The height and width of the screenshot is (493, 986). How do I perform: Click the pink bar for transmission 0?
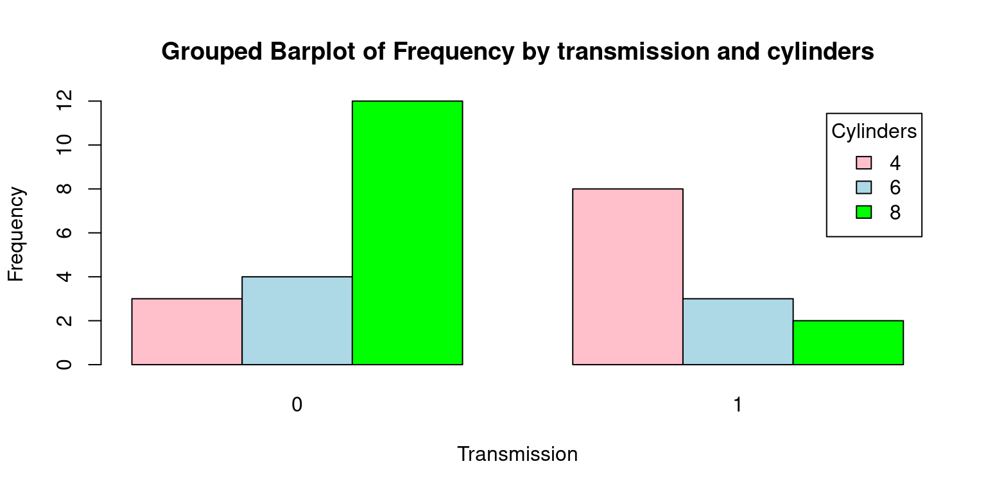click(187, 331)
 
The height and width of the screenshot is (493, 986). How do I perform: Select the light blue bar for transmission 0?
click(297, 320)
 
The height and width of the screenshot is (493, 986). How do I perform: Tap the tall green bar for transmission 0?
click(408, 233)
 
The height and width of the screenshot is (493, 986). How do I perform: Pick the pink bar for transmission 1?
click(628, 277)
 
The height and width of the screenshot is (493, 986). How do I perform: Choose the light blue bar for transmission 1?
click(738, 331)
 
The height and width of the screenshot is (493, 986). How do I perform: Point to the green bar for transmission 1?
click(848, 342)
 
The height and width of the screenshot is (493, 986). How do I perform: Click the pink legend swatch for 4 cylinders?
click(863, 162)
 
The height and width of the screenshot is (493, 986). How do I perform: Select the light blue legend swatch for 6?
click(863, 187)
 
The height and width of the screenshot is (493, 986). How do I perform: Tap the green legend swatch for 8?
click(863, 212)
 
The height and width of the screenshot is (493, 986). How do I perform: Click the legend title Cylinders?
click(874, 131)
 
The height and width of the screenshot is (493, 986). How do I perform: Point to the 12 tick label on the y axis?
click(64, 101)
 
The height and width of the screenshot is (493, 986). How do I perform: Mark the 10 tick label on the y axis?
click(64, 145)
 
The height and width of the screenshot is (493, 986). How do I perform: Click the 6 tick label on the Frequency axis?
click(64, 232)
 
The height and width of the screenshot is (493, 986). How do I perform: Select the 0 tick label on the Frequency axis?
click(64, 365)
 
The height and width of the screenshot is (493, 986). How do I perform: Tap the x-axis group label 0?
click(297, 404)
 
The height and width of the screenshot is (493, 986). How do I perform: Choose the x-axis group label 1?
click(738, 404)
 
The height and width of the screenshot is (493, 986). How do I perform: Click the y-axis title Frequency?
click(16, 234)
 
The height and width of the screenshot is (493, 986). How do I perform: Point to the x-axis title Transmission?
click(517, 454)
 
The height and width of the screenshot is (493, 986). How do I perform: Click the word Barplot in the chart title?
click(313, 52)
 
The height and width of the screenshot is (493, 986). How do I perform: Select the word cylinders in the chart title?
click(820, 51)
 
